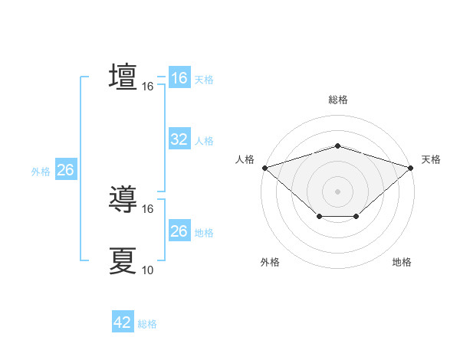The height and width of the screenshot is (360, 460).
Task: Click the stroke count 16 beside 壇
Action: (148, 87)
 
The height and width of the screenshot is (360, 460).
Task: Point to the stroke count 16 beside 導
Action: (148, 208)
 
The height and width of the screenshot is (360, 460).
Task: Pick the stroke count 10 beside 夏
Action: (148, 270)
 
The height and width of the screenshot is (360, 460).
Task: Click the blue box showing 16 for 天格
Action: (179, 78)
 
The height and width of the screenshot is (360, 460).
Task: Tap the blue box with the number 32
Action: (179, 139)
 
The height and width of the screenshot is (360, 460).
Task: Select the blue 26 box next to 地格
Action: (179, 231)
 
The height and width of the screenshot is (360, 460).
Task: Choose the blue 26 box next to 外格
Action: (65, 170)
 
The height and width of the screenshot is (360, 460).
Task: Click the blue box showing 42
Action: (123, 323)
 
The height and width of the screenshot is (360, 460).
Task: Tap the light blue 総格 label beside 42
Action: (147, 324)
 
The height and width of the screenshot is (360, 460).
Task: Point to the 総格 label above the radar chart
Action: (337, 100)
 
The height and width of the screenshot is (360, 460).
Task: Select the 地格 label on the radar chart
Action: (402, 263)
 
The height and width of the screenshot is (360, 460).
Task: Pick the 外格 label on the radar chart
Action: (270, 263)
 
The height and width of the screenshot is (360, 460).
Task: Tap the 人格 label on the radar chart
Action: (245, 159)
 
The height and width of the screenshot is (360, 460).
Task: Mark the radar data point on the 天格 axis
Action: (411, 167)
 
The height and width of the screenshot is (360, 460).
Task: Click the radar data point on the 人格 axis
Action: (264, 167)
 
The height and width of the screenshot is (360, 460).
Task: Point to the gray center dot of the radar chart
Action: (337, 191)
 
